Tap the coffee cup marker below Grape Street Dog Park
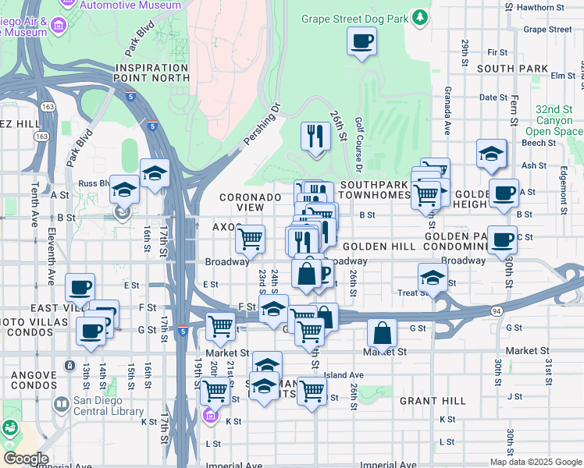[x=361, y=41]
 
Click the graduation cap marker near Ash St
[x=492, y=154]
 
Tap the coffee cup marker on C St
[x=502, y=239]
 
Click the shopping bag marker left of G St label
[x=383, y=334]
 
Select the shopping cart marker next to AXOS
[x=250, y=239]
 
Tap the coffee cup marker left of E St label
[x=80, y=287]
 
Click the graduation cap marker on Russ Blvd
[x=124, y=190]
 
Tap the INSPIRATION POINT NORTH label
[x=151, y=73]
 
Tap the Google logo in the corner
[x=26, y=459]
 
